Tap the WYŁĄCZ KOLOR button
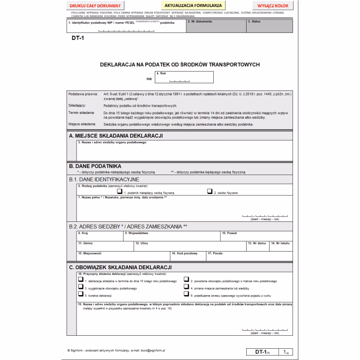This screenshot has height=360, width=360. point(273,5)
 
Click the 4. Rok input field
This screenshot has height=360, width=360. point(184,78)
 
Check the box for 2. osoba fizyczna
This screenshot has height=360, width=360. point(209,191)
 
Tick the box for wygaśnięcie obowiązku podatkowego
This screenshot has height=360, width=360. point(81,286)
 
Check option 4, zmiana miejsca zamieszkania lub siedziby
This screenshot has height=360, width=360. point(186,286)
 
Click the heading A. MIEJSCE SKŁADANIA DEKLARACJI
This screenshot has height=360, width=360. point(116,135)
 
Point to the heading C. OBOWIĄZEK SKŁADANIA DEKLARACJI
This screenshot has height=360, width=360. point(120,267)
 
